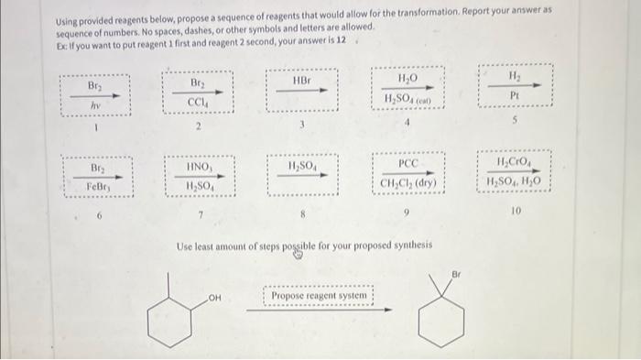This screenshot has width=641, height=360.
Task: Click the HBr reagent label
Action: tap(301, 82)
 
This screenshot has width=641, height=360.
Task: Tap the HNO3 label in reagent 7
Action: tap(200, 168)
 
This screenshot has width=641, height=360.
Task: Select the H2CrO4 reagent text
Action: tap(517, 163)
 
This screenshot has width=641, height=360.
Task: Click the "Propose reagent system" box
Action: tap(320, 296)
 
